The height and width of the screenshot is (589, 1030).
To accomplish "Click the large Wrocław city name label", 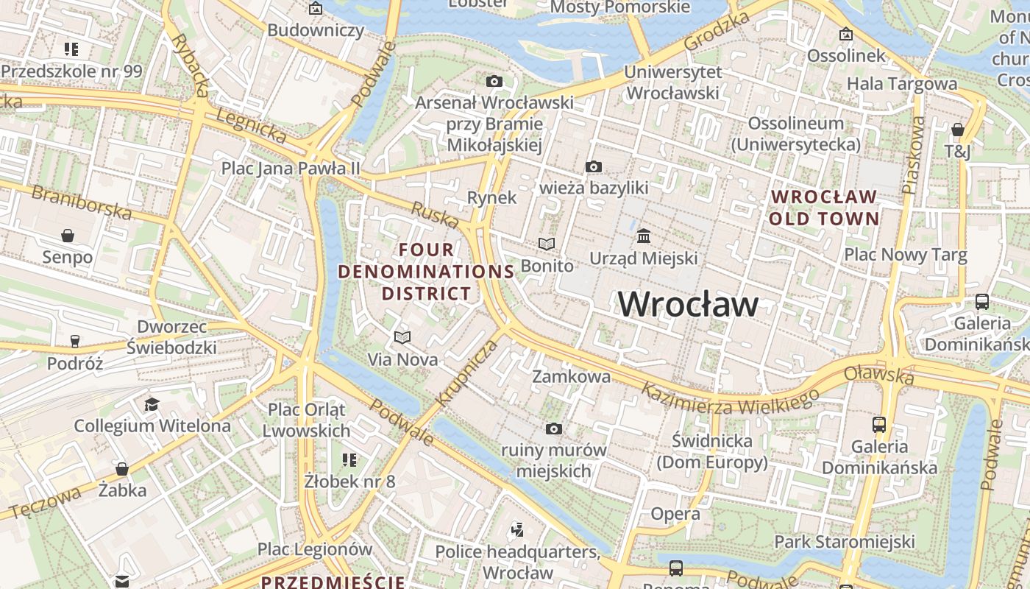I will [688, 304].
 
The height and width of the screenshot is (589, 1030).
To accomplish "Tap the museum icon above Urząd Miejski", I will [644, 236].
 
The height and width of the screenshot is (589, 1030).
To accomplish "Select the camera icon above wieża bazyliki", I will [594, 167].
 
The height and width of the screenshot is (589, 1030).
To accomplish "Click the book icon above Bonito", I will [547, 244].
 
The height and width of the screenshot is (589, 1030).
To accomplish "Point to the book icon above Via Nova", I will [402, 337].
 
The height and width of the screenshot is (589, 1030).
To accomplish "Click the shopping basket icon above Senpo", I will [68, 236].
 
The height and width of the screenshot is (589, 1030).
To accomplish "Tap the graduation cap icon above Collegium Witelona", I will [152, 404].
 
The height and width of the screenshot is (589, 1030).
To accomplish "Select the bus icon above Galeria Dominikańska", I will [878, 424].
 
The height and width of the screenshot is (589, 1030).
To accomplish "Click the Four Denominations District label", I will [426, 272].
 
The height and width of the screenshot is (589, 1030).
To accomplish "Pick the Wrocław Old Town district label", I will [824, 208].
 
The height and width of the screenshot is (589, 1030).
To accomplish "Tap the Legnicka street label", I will [252, 126].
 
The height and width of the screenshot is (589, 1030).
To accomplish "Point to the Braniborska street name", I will [82, 202].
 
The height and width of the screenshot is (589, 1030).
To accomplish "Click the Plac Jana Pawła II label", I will [291, 169].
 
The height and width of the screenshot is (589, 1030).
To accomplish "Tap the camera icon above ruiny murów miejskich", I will [553, 428].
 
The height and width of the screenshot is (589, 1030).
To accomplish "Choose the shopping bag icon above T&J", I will [957, 130].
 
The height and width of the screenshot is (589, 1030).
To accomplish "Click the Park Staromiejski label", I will [845, 543].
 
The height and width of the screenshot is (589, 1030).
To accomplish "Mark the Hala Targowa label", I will [902, 84].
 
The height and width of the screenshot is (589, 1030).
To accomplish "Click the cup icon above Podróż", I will [74, 341].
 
